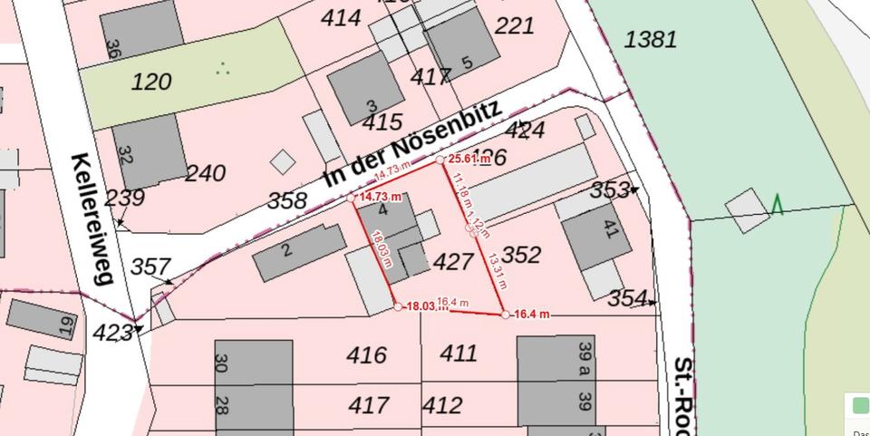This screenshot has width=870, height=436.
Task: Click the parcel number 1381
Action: click(651, 39)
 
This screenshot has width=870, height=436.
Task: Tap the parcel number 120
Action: click(151, 82)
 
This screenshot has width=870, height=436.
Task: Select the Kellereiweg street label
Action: click(93, 218)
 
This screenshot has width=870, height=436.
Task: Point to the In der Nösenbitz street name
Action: click(412, 145)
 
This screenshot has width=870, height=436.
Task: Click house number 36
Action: click(113, 47)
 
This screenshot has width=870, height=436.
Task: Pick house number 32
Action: click(125, 155)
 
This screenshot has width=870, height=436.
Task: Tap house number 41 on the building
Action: click(609, 230)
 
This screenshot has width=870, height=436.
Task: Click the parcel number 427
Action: click(453, 262)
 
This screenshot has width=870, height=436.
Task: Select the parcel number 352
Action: click(521, 255)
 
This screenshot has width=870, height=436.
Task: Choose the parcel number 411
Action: click(458, 354)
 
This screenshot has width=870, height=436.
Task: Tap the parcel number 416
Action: click(367, 355)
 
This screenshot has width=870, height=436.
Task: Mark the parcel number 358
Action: click(287, 200)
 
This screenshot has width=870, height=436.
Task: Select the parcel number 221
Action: click(515, 26)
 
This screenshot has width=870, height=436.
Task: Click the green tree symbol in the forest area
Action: click(777, 205)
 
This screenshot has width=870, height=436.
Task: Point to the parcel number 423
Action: click(112, 334)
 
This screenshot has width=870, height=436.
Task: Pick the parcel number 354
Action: click(627, 298)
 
